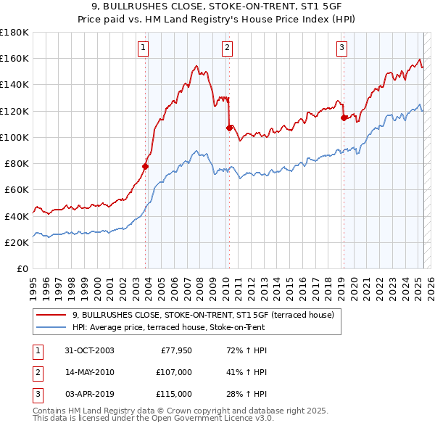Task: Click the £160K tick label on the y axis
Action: (14, 58)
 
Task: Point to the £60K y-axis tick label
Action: (17, 190)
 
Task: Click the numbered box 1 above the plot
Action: (144, 49)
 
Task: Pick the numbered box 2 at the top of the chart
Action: (227, 49)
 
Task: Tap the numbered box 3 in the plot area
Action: (341, 49)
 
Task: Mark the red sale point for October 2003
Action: (145, 166)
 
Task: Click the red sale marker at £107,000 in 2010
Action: (229, 128)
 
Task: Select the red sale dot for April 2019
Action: (343, 118)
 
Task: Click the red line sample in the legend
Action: (51, 315)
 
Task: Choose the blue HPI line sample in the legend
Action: (51, 326)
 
